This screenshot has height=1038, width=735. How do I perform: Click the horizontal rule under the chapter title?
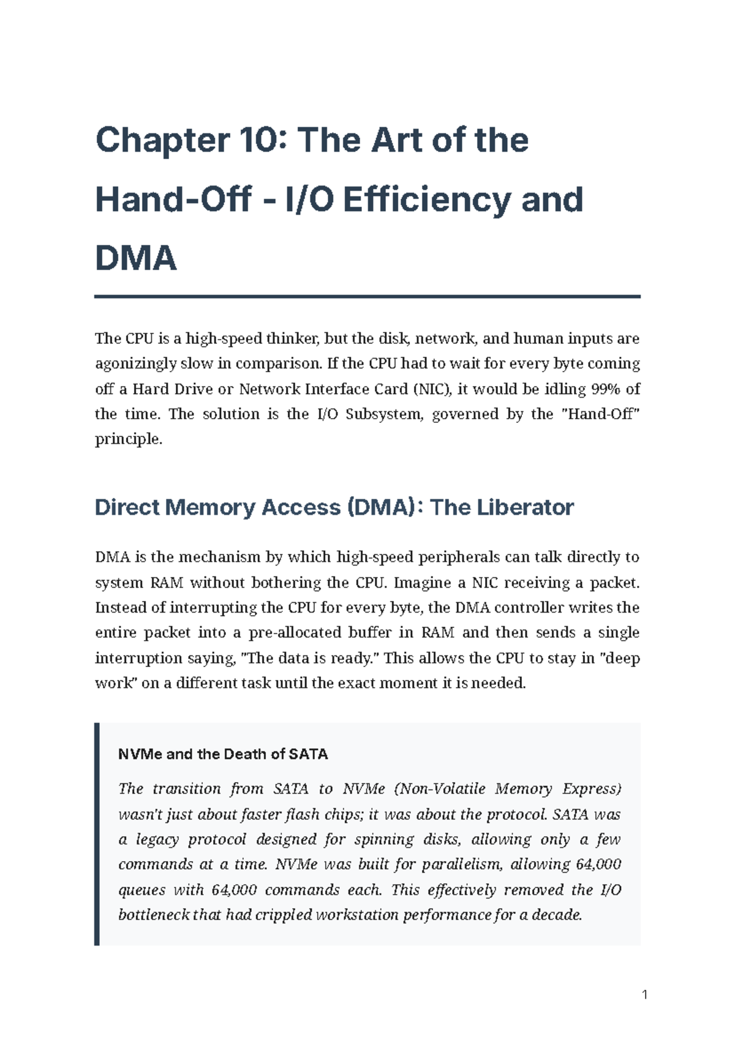click(x=367, y=296)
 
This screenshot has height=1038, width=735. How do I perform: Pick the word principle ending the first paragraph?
click(x=128, y=439)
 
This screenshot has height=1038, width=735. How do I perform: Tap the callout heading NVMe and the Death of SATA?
click(x=223, y=754)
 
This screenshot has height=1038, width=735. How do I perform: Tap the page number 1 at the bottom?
click(x=644, y=995)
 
